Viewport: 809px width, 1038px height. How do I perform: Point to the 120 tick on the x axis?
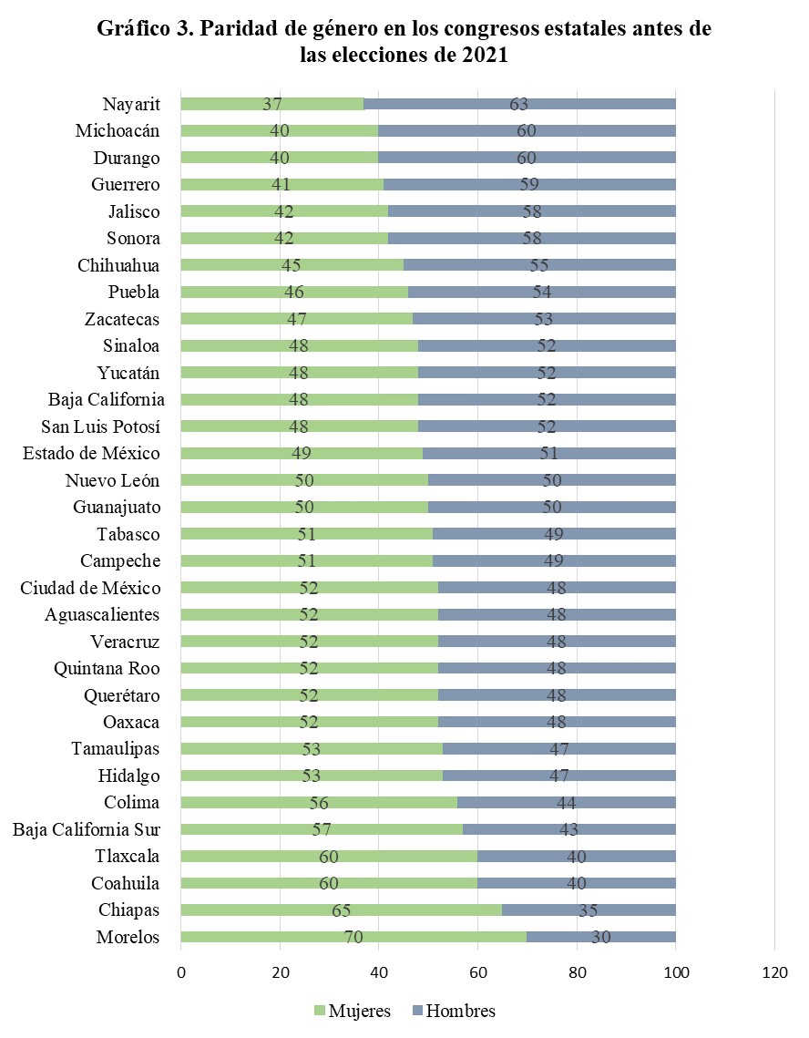pos(774,973)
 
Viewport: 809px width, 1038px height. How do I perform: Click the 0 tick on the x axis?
pos(181,973)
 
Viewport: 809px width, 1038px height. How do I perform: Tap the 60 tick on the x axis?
pos(478,973)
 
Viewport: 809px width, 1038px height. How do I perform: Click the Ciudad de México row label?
pos(90,588)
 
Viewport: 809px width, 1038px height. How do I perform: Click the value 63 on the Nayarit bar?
pos(519,104)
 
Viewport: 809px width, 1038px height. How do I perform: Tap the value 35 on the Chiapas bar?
pos(588,910)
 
